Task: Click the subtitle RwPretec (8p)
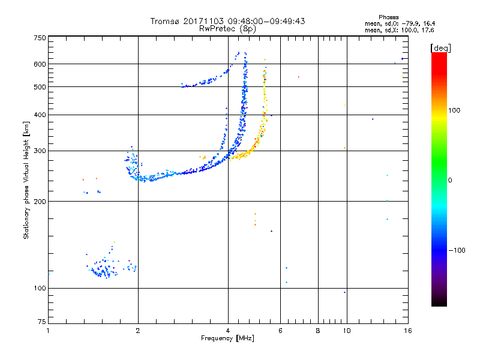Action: pyautogui.click(x=227, y=29)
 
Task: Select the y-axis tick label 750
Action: pyautogui.click(x=40, y=38)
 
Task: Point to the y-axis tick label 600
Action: pyautogui.click(x=40, y=64)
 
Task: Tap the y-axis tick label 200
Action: pyautogui.click(x=40, y=202)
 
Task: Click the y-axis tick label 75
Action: pyautogui.click(x=42, y=322)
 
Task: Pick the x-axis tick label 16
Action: pyautogui.click(x=408, y=331)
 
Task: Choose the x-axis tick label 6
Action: pyautogui.click(x=280, y=331)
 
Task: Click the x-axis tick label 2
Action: pyautogui.click(x=138, y=331)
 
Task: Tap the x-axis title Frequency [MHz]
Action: pyautogui.click(x=227, y=338)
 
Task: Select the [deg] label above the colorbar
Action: pyautogui.click(x=440, y=48)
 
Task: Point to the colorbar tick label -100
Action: pyautogui.click(x=457, y=250)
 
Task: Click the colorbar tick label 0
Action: pyautogui.click(x=450, y=181)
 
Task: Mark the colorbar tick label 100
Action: pyautogui.click(x=454, y=110)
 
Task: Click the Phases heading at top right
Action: pyautogui.click(x=388, y=17)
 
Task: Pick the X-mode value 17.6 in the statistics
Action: pyautogui.click(x=428, y=31)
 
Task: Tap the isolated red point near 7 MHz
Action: pyautogui.click(x=299, y=77)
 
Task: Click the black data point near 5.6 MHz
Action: pyautogui.click(x=271, y=231)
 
